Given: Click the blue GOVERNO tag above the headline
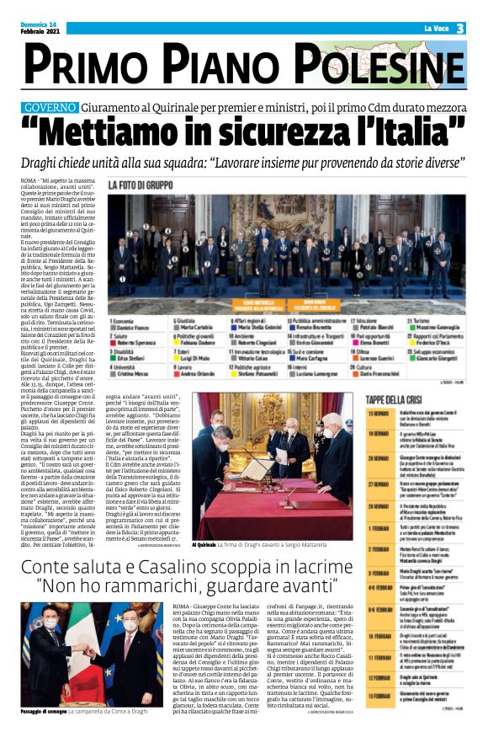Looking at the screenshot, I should point(74,108).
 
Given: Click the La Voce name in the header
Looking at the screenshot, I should point(436,29).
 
